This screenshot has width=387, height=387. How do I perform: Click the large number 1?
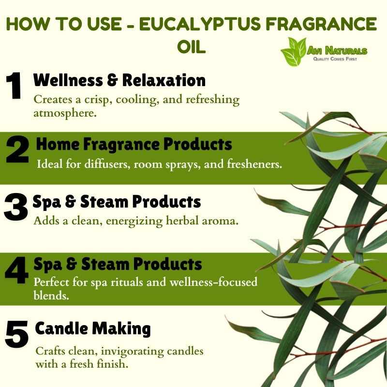(x=14, y=86)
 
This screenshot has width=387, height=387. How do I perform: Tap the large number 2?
(x=17, y=149)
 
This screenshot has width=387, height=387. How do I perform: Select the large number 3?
(x=15, y=207)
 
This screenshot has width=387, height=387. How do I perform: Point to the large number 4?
(x=17, y=270)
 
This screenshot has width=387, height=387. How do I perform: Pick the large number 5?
(x=16, y=334)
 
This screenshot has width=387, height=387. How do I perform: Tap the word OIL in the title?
(x=191, y=47)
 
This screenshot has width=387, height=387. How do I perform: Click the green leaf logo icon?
(x=294, y=52)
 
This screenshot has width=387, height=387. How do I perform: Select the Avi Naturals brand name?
(x=337, y=51)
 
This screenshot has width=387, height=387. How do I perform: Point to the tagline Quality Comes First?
(x=335, y=59)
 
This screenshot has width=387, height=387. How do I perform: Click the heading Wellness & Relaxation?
(x=119, y=80)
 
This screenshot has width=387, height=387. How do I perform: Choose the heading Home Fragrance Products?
(x=134, y=144)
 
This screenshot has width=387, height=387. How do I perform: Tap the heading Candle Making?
(x=93, y=329)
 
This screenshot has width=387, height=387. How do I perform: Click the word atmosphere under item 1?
(x=65, y=114)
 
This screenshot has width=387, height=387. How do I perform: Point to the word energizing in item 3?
(x=134, y=221)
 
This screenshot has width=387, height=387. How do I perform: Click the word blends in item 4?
(x=51, y=295)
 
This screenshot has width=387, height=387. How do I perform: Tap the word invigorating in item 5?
(x=132, y=351)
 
